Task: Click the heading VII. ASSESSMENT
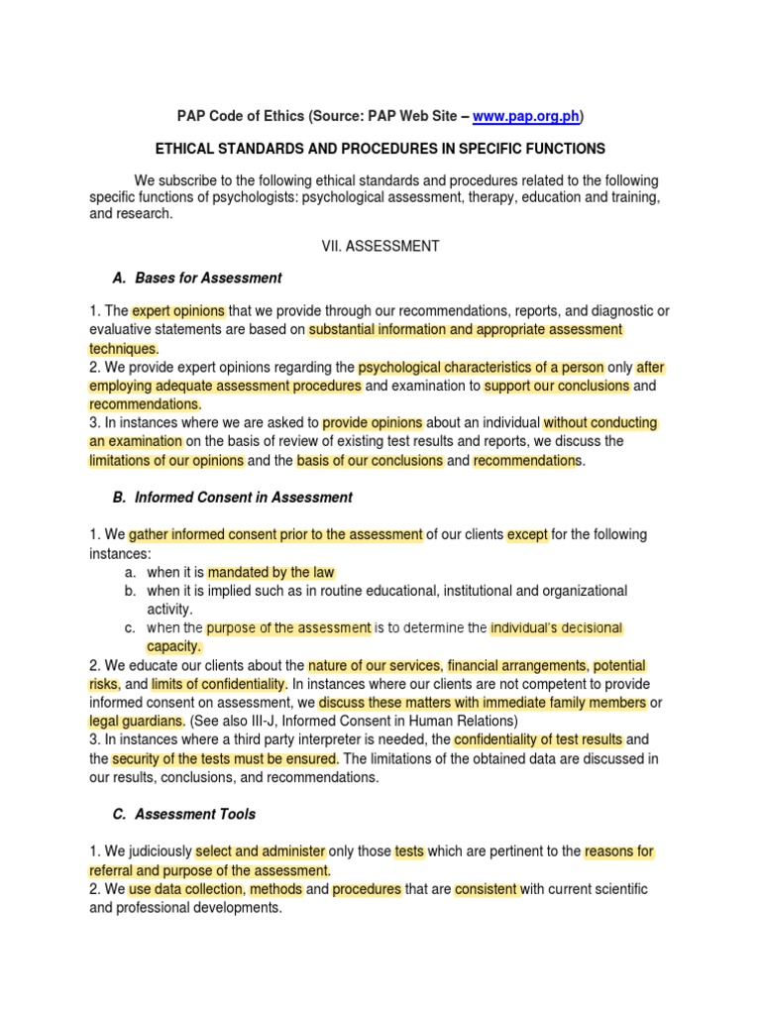click(380, 246)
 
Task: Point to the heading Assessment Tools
click(195, 814)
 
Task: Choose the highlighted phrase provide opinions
click(373, 422)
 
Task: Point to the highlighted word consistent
click(487, 889)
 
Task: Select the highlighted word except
click(527, 534)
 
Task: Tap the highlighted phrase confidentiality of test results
click(538, 739)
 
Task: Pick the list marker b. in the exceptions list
click(130, 591)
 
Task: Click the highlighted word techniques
click(124, 348)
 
